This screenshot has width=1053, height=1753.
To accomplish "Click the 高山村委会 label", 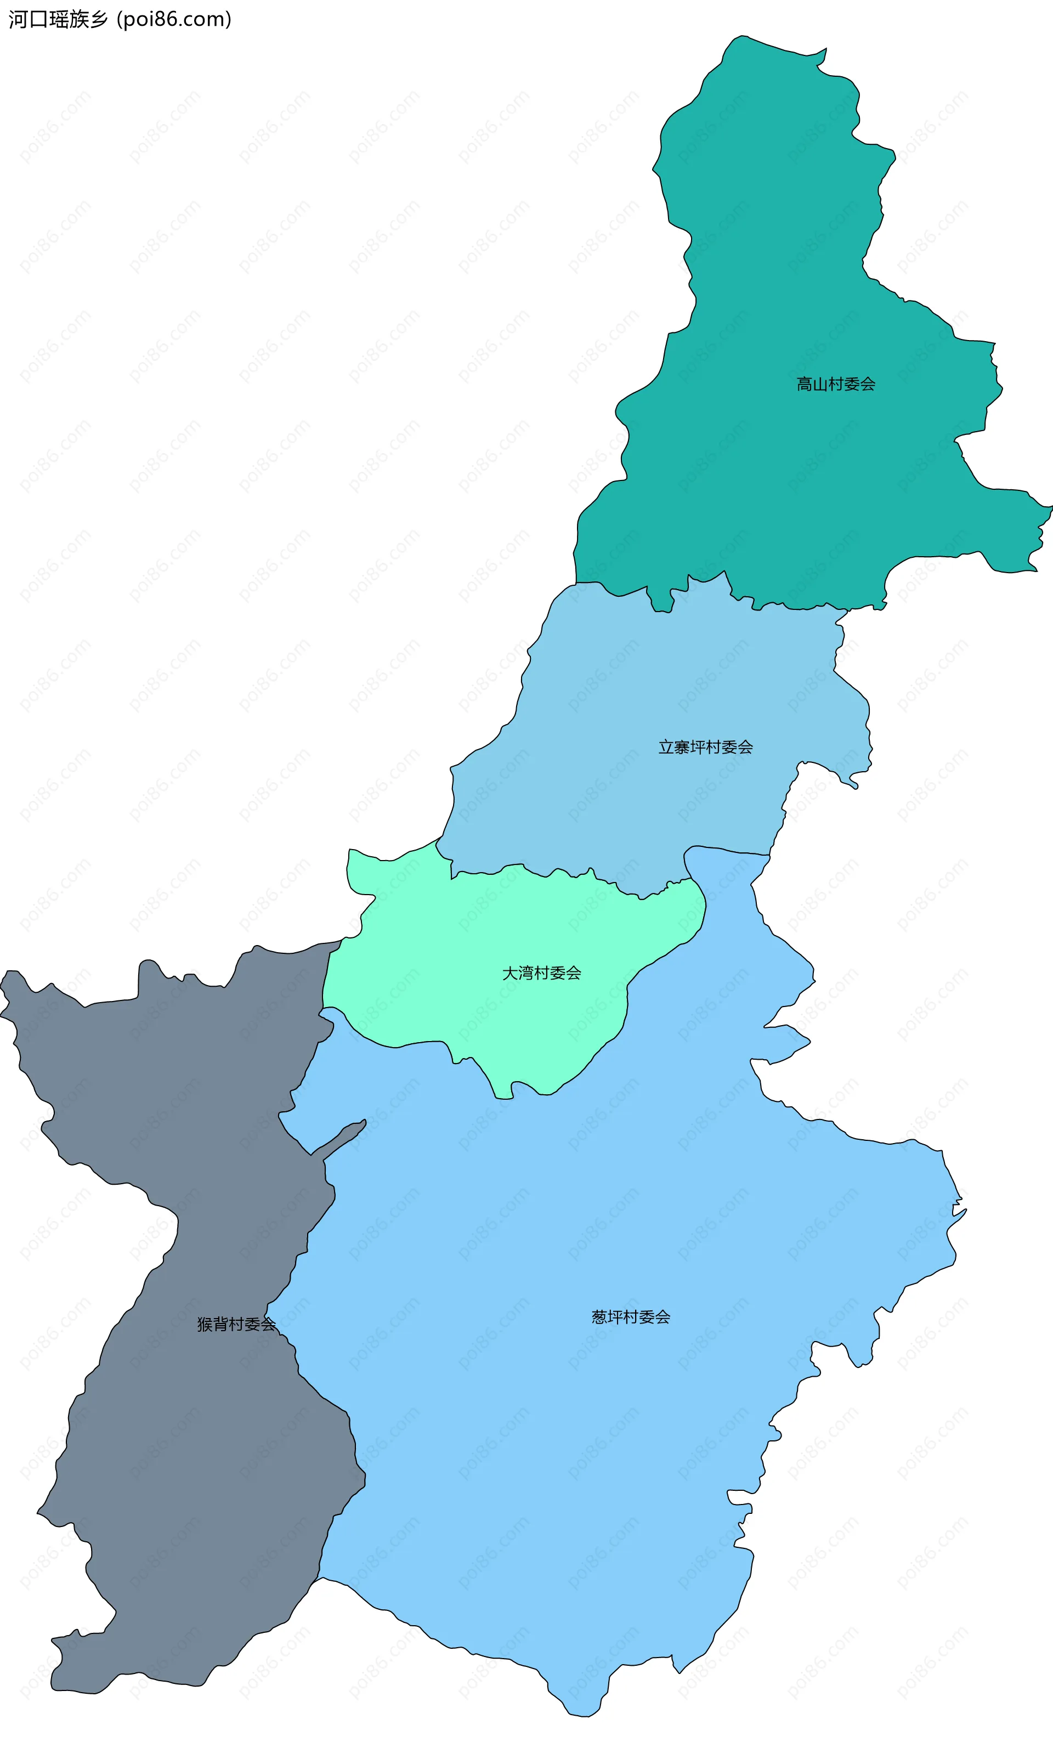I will [835, 384].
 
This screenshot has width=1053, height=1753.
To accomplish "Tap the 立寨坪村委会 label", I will [705, 747].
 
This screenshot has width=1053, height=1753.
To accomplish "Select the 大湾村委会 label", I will [541, 972].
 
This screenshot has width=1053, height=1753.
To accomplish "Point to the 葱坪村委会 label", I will [631, 1317].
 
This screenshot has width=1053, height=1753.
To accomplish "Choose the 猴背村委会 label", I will [236, 1324].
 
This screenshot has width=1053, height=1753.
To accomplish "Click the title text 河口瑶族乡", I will [58, 19].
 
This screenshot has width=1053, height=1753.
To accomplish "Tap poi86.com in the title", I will [174, 19].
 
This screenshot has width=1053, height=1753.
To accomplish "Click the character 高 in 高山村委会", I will [805, 384].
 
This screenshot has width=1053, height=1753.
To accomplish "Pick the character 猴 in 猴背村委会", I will [205, 1324].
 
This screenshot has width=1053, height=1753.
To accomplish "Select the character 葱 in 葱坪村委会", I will [599, 1317].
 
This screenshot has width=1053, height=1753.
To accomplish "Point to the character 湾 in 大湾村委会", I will [526, 972].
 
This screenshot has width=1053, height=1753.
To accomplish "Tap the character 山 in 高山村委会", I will [820, 384].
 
